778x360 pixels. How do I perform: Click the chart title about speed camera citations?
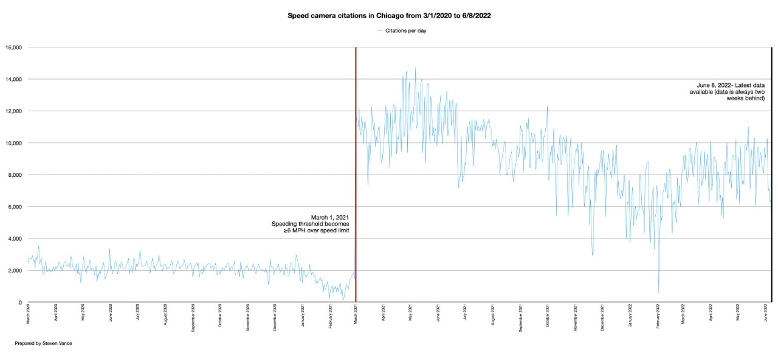[389, 16]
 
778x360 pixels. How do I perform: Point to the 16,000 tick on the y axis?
[13, 47]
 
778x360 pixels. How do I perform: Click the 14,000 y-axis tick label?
[13, 79]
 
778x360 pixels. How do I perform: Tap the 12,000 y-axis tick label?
[13, 111]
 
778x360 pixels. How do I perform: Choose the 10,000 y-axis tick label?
[13, 143]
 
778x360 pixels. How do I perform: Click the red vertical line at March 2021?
[356, 152]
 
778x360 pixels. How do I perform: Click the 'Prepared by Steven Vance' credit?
[44, 344]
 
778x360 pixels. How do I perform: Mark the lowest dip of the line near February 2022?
[659, 292]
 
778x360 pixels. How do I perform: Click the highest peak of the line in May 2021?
[416, 68]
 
